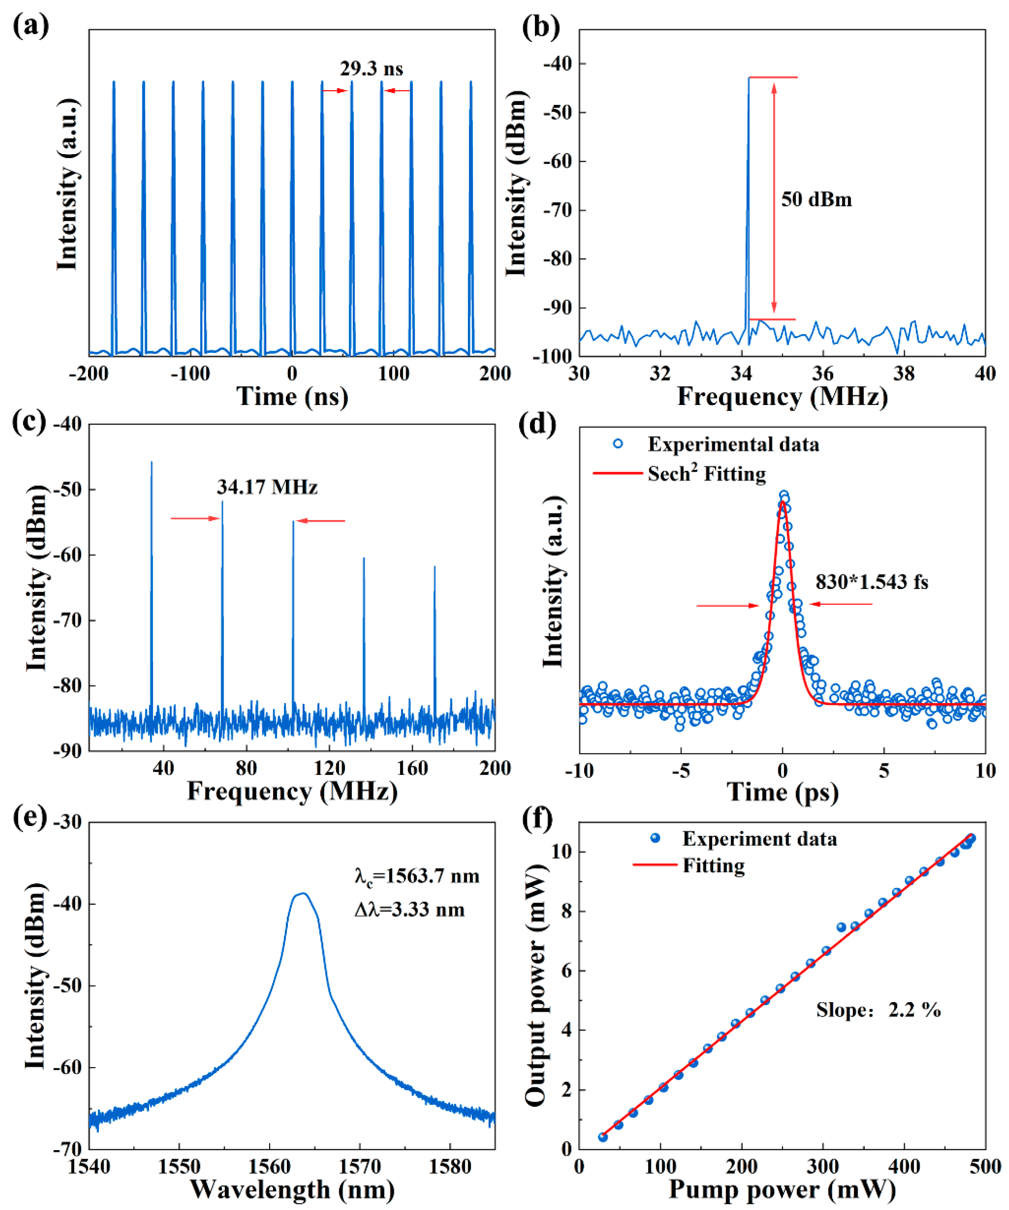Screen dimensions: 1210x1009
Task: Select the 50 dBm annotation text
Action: tap(816, 200)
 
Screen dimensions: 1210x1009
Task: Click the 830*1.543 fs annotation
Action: tap(871, 582)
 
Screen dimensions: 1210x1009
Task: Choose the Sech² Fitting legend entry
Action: tap(706, 473)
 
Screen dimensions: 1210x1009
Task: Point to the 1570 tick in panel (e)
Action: tap(359, 1166)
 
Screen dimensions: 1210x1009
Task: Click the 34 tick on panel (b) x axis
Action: tap(741, 374)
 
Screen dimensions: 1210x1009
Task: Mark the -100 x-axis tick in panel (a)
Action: tap(190, 374)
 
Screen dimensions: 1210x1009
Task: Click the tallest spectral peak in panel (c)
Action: tap(152, 462)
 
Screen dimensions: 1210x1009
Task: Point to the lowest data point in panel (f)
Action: tap(603, 1137)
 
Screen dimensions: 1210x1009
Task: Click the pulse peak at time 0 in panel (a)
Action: tap(292, 82)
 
